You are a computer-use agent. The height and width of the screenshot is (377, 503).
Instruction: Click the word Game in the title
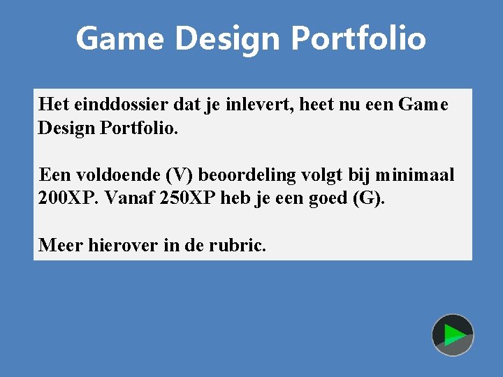(x=119, y=38)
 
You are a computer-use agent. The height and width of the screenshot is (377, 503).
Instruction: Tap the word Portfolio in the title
(x=358, y=38)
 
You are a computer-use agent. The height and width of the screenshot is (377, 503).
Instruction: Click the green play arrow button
(x=453, y=335)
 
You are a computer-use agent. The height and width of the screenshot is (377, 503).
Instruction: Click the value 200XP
(x=69, y=198)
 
